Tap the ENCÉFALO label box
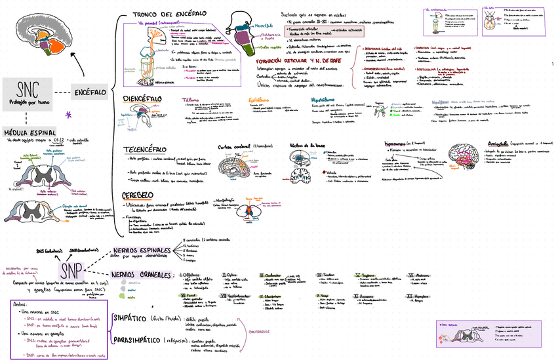click(x=90, y=92)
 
